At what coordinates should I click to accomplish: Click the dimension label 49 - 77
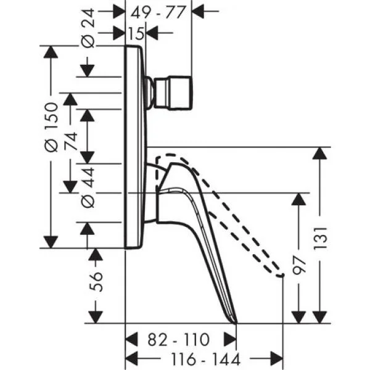(x=158, y=12)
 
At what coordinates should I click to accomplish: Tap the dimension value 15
(x=136, y=33)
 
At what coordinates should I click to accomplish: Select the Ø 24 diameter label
(x=88, y=28)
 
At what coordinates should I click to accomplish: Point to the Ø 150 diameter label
(x=51, y=127)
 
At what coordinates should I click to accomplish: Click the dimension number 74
(x=70, y=141)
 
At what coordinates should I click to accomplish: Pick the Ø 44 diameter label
(x=88, y=187)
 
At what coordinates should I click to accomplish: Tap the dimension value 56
(x=96, y=282)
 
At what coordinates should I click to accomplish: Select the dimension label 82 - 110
(x=179, y=340)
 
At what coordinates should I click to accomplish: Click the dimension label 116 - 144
(x=205, y=359)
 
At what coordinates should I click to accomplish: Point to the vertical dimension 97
(x=299, y=265)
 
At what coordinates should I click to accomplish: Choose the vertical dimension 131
(x=320, y=238)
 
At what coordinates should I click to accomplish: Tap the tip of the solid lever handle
(x=236, y=323)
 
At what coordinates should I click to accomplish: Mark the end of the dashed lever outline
(x=282, y=276)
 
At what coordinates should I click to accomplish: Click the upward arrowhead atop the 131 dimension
(x=319, y=153)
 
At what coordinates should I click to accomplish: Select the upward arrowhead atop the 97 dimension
(x=298, y=199)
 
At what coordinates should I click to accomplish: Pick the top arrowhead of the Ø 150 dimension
(x=51, y=52)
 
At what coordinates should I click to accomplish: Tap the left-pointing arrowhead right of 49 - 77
(x=198, y=11)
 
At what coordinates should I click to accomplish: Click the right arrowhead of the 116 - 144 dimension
(x=277, y=360)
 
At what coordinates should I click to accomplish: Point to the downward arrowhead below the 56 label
(x=96, y=317)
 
